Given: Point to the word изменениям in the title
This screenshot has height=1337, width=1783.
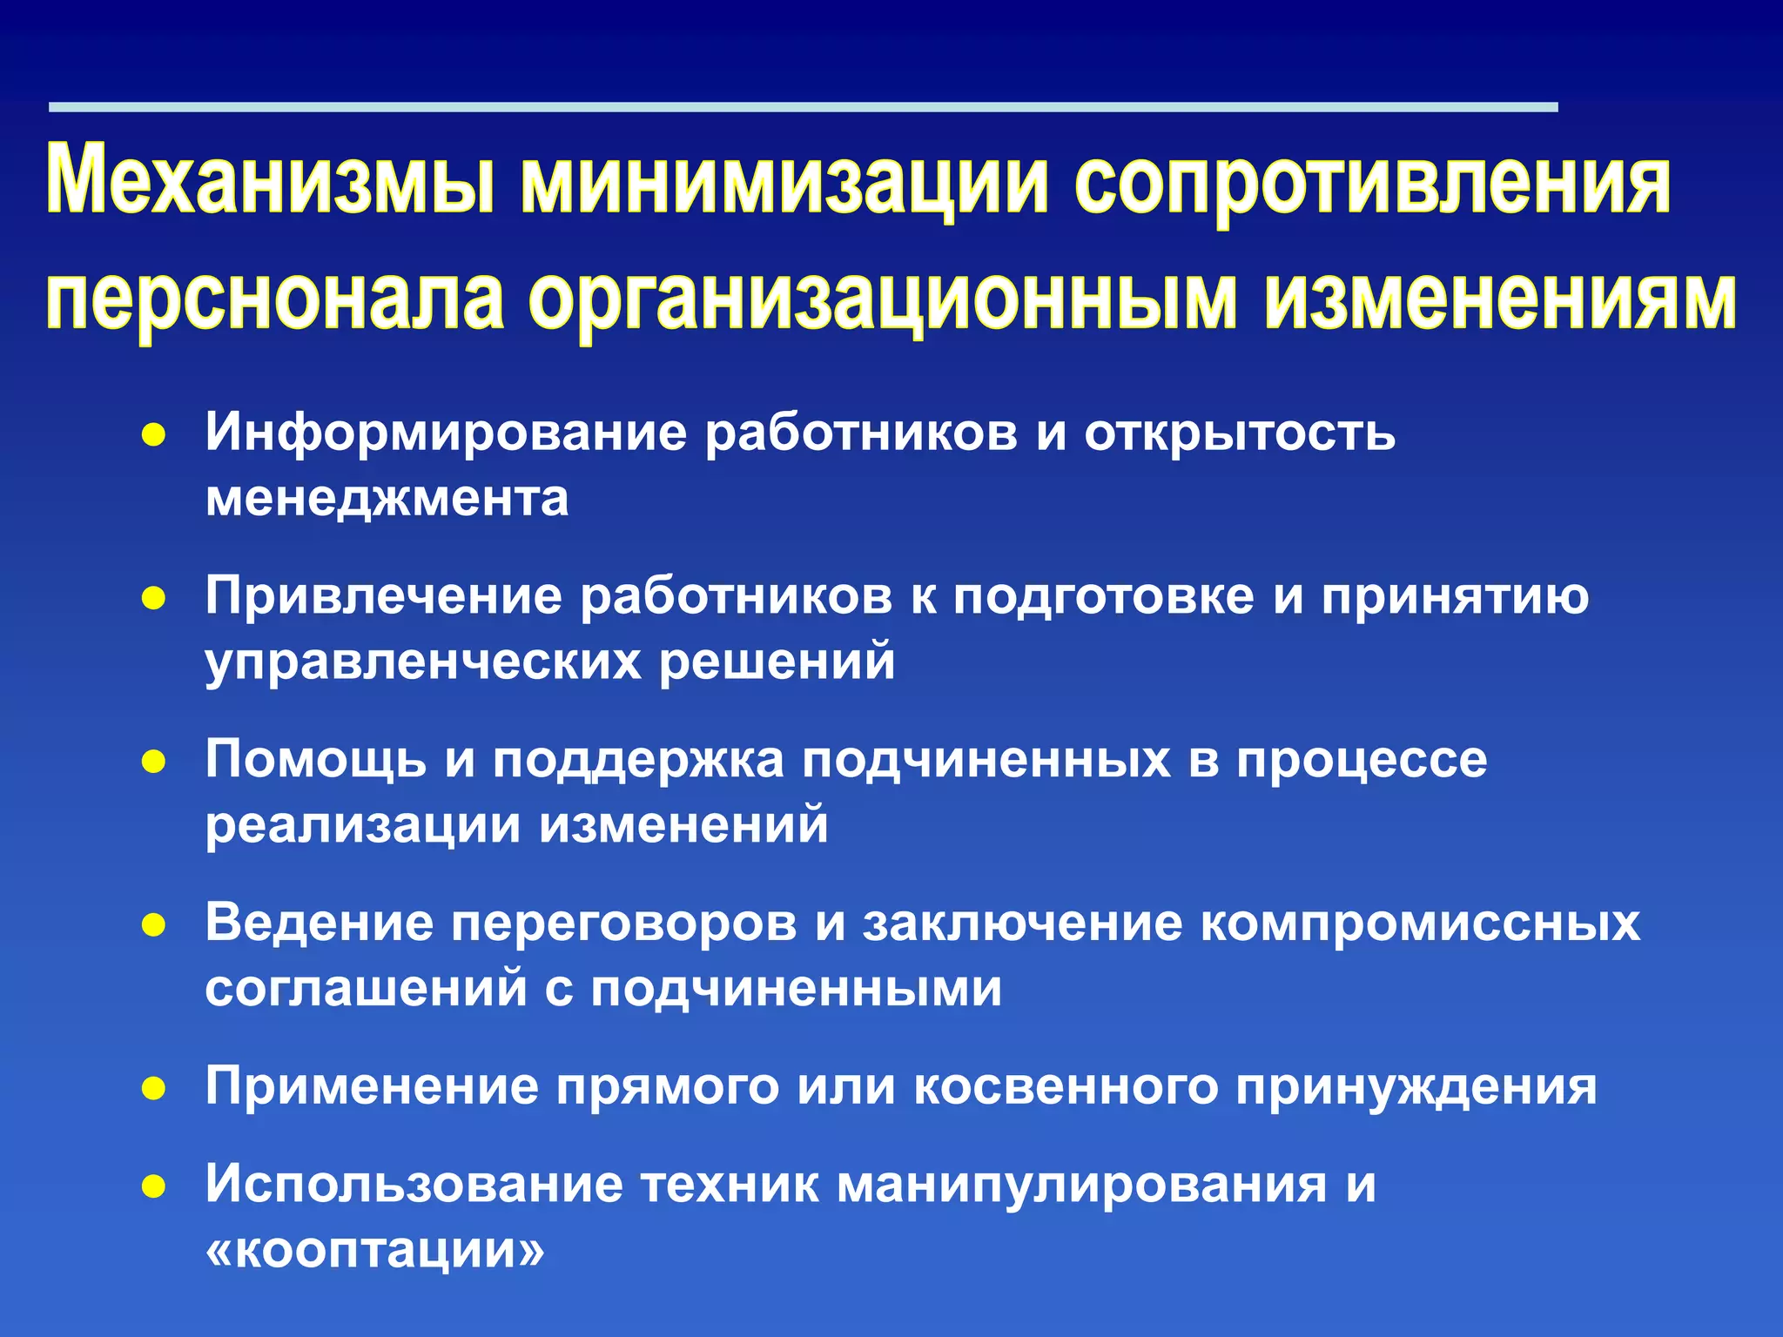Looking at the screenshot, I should pyautogui.click(x=1500, y=299).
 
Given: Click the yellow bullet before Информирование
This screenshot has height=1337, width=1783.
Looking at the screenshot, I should pyautogui.click(x=153, y=435).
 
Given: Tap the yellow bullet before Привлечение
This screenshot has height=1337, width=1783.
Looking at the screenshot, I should pyautogui.click(x=153, y=599).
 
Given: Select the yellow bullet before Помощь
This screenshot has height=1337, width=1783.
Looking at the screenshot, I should pyautogui.click(x=153, y=763).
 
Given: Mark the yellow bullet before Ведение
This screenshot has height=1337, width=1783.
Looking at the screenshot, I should pyautogui.click(x=153, y=926).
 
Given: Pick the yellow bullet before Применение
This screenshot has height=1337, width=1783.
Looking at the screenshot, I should pyautogui.click(x=153, y=1089).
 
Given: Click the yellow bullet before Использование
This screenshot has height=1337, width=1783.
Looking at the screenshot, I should pyautogui.click(x=153, y=1187).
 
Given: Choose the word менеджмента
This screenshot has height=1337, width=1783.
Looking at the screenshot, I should pyautogui.click(x=387, y=500).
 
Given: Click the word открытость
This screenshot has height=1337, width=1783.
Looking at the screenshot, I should pyautogui.click(x=1239, y=433).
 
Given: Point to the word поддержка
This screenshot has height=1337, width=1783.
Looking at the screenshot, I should pyautogui.click(x=638, y=760).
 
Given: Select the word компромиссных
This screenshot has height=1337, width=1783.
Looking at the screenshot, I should pyautogui.click(x=1421, y=923).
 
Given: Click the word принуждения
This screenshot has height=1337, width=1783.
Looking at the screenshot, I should pyautogui.click(x=1416, y=1088).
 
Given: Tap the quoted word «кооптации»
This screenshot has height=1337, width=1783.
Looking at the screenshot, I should pyautogui.click(x=375, y=1251).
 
